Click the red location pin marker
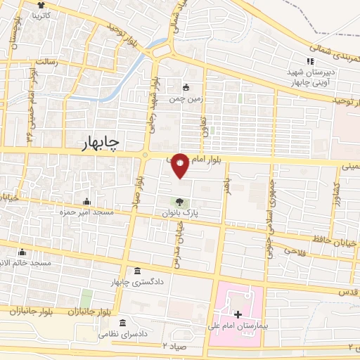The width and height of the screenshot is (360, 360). (181, 165)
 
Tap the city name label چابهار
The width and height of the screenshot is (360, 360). (100, 141)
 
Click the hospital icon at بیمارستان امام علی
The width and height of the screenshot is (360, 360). (237, 314)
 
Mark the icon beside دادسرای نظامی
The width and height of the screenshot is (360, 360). (123, 323)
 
